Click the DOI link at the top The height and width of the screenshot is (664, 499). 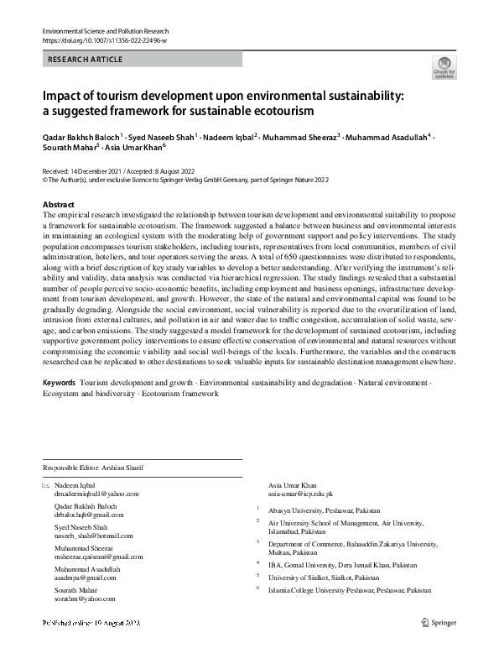[x=98, y=39]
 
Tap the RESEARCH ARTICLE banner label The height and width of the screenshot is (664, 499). [x=86, y=60]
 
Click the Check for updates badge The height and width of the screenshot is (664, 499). [x=444, y=67]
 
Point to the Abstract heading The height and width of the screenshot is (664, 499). [x=58, y=205]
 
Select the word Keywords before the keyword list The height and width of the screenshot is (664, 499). [x=58, y=383]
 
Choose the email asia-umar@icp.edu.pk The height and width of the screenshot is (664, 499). [x=300, y=495]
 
